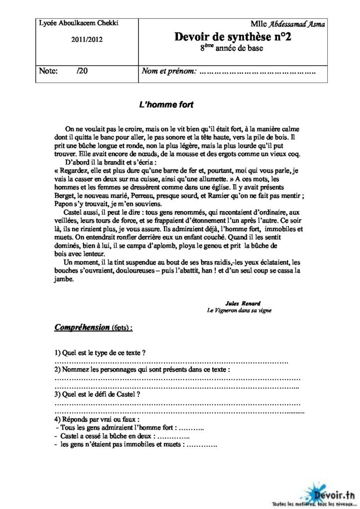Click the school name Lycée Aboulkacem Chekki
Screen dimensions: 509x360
point(72,23)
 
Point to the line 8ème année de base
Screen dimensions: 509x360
point(232,48)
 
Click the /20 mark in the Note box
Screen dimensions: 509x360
point(83,72)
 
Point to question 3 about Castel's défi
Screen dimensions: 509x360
point(96,394)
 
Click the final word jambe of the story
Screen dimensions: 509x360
point(63,279)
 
